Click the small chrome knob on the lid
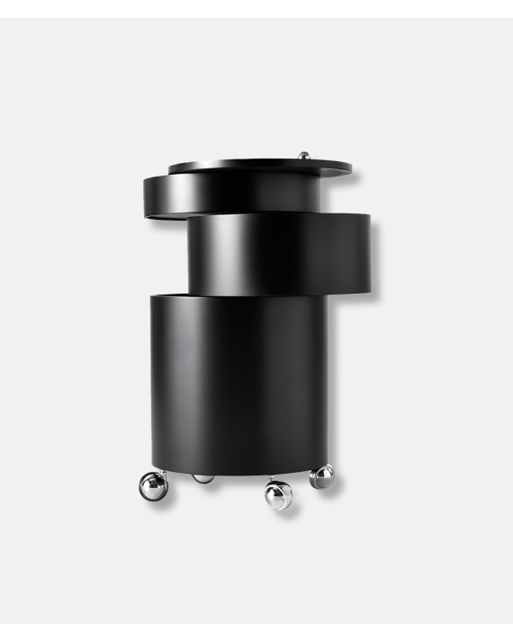pos(305,156)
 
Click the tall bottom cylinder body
pos(238,378)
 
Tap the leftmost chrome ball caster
pos(153,485)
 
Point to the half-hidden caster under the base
pos(204,477)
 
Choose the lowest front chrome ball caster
pos(278,494)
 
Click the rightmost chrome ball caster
pos(321,476)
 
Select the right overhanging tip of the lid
pos(346,167)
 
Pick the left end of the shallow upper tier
pos(149,195)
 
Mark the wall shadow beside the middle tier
pos(375,261)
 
